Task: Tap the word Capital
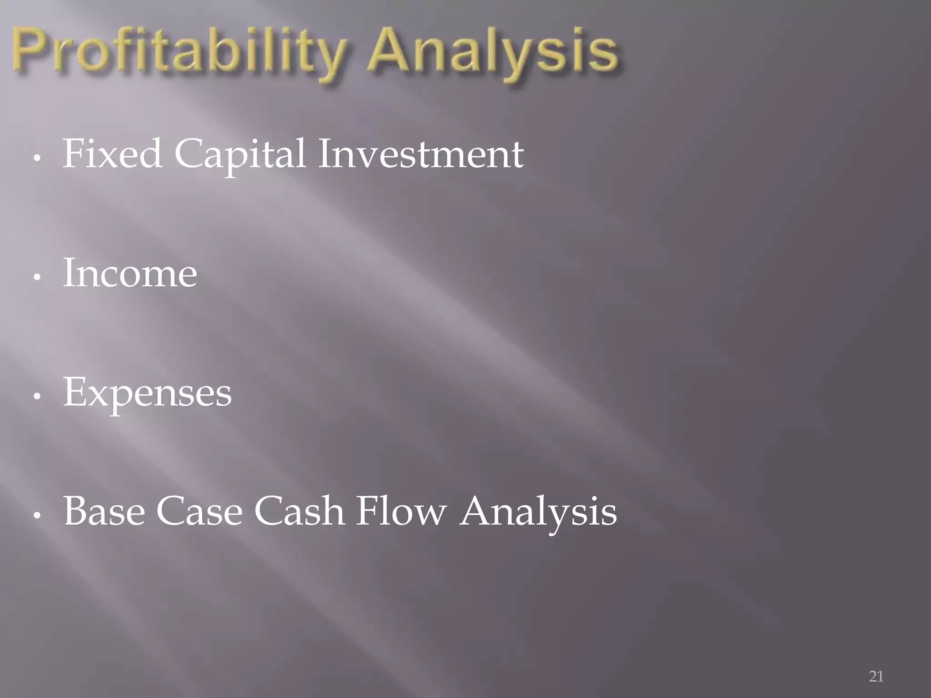click(240, 155)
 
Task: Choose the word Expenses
click(147, 393)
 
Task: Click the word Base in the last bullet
click(104, 511)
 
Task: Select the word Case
click(199, 511)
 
